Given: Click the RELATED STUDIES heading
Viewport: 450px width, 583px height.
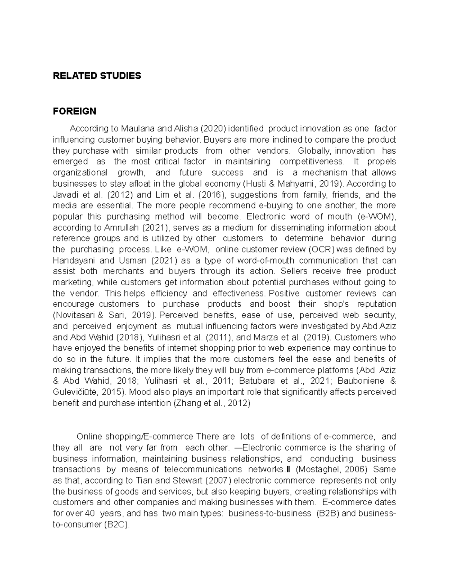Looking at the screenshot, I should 97,76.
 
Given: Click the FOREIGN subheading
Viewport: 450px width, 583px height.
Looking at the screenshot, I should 74,111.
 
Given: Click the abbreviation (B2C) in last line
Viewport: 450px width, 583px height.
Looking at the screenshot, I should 116,525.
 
